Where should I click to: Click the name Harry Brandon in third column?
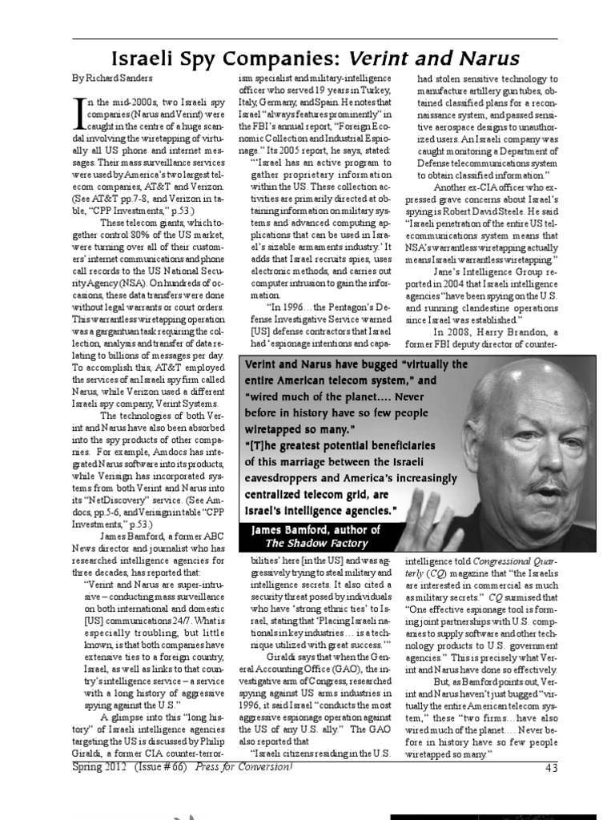tap(505, 333)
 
